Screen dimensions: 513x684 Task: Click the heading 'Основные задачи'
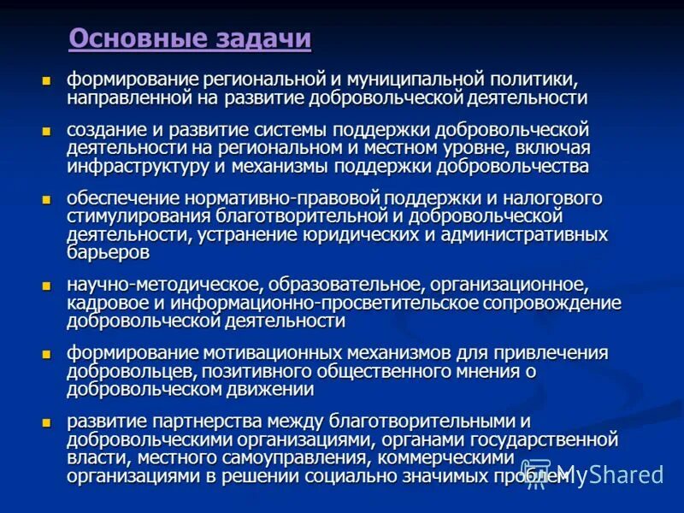190,39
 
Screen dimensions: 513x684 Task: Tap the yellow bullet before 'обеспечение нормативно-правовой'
48,199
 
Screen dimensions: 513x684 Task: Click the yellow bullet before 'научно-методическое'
48,285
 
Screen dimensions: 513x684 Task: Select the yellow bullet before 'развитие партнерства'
48,422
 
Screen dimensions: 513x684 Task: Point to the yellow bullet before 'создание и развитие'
48,131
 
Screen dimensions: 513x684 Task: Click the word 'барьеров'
108,252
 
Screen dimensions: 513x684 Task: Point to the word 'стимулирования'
126,216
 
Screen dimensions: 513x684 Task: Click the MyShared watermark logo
593,475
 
